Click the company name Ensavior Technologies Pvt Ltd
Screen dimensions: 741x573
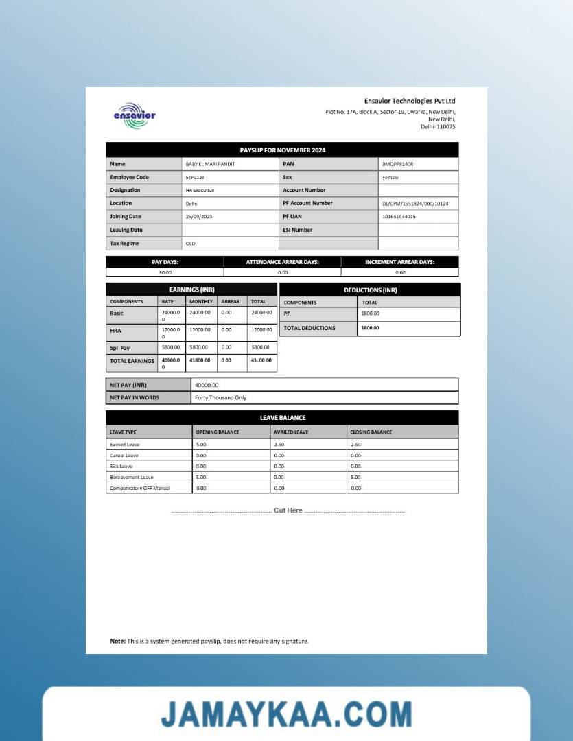410,101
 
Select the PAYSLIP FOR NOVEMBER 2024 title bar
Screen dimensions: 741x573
282,150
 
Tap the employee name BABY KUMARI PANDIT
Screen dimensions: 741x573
211,164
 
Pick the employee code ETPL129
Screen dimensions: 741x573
195,177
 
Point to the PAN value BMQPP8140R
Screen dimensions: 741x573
398,164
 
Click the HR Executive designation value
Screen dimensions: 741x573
200,190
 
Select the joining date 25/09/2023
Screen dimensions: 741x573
200,216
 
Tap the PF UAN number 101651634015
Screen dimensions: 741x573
399,216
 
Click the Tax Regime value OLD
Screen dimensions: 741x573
190,243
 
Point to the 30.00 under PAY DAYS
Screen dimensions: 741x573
165,272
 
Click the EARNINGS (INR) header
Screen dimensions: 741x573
191,290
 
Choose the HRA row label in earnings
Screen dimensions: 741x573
117,330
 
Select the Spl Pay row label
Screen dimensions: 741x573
119,348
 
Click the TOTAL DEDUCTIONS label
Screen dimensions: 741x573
309,328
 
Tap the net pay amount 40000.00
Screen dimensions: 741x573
207,385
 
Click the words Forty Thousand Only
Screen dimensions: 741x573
220,397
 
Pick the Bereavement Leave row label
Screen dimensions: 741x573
132,477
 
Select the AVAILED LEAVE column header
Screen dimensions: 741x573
291,432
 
